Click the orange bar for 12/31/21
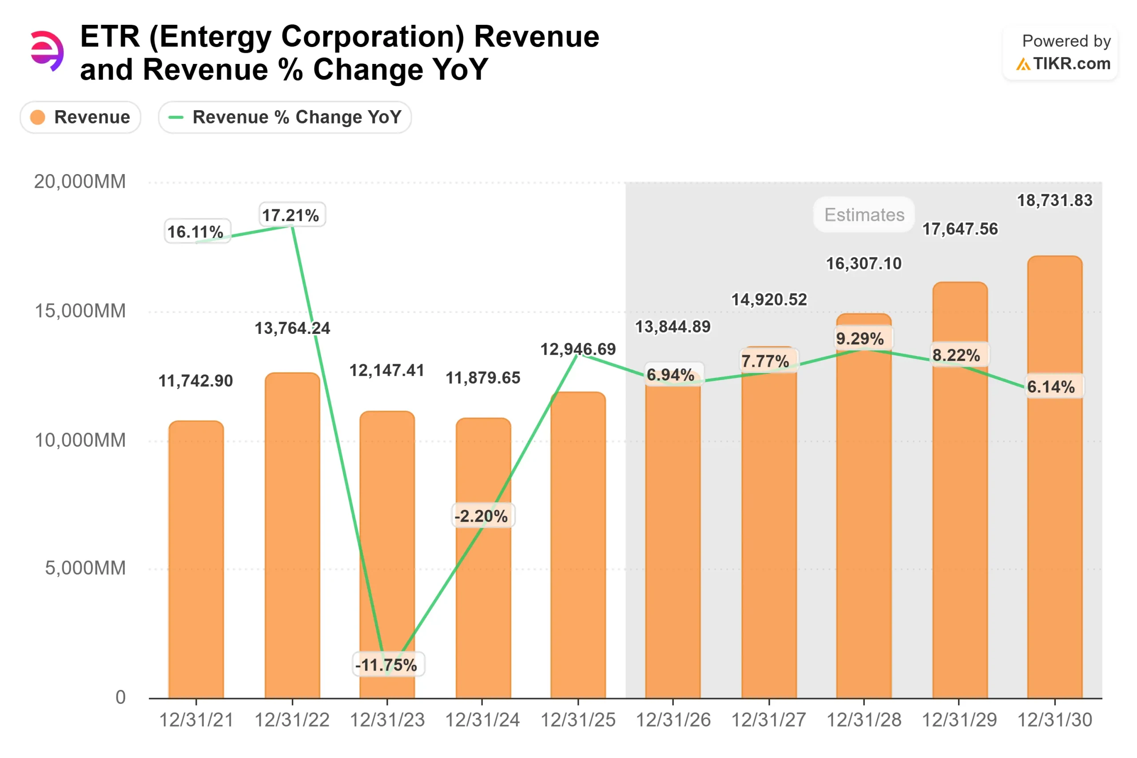196,561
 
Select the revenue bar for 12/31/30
1054,532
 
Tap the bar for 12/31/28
863,532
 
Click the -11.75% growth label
387,665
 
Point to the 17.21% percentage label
291,215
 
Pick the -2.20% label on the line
481,516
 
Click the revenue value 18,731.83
1054,201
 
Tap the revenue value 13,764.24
292,329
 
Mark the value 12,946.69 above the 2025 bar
578,349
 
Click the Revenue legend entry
80,117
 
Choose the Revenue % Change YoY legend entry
285,117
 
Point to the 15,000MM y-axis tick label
80,311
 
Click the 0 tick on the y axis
120,698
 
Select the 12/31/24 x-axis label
482,720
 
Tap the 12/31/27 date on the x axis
769,720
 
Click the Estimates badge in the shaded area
864,214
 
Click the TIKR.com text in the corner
1071,64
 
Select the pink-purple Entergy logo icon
46,51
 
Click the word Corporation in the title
372,37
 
